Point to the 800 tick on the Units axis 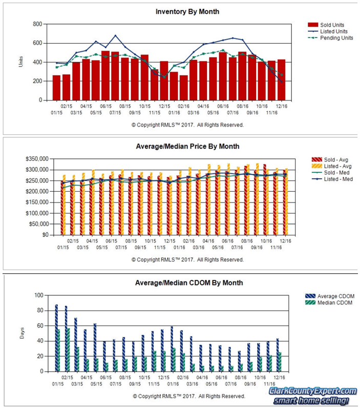point(37,24)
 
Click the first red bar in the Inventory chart point(56,88)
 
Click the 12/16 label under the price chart point(285,240)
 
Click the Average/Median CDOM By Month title point(188,282)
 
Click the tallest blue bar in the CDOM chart point(56,338)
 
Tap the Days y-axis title point(21,333)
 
